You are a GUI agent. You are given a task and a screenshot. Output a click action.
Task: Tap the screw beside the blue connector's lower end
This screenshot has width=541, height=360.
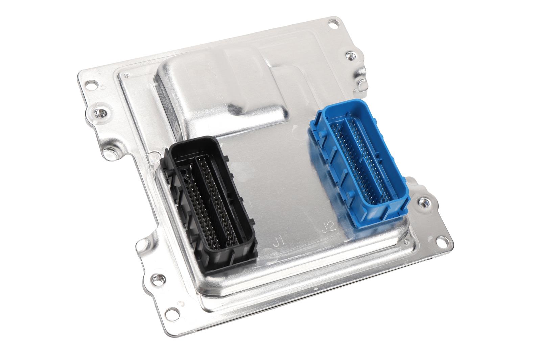pos(422,203)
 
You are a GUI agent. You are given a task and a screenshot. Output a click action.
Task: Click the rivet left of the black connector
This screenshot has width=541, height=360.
pos(109,153)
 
